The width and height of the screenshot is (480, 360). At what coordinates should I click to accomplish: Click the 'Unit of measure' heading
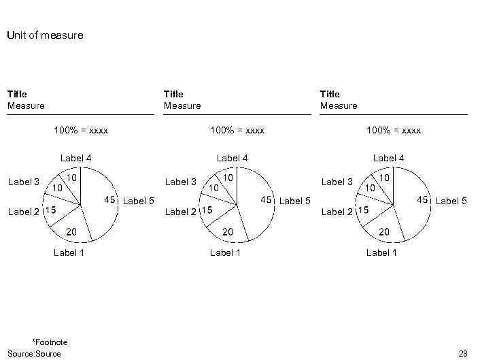[45, 35]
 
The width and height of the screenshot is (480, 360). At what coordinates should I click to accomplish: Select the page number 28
[463, 353]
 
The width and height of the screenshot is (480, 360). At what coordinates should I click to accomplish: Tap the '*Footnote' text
[50, 342]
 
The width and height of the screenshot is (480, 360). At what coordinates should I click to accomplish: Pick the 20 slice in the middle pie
[228, 228]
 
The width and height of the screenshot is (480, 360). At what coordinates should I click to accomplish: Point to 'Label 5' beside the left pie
[138, 201]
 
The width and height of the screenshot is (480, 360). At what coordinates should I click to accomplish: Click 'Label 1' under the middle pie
[226, 252]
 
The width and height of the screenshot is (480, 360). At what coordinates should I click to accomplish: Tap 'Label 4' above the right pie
[388, 158]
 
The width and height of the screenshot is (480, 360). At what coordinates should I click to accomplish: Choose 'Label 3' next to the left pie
[24, 182]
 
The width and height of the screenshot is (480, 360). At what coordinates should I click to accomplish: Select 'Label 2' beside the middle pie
[180, 212]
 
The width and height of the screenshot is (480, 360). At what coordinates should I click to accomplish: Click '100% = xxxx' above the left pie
[81, 130]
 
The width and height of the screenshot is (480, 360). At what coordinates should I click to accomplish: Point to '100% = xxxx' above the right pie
[394, 130]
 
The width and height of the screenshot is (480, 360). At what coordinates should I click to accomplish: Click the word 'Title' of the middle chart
[173, 94]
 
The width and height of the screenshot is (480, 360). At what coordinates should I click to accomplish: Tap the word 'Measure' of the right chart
[339, 105]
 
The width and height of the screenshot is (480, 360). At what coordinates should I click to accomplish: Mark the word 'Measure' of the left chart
[26, 105]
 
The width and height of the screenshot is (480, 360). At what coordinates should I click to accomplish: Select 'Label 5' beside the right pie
[451, 201]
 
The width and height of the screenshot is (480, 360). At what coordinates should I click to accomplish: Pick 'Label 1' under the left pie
[69, 252]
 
